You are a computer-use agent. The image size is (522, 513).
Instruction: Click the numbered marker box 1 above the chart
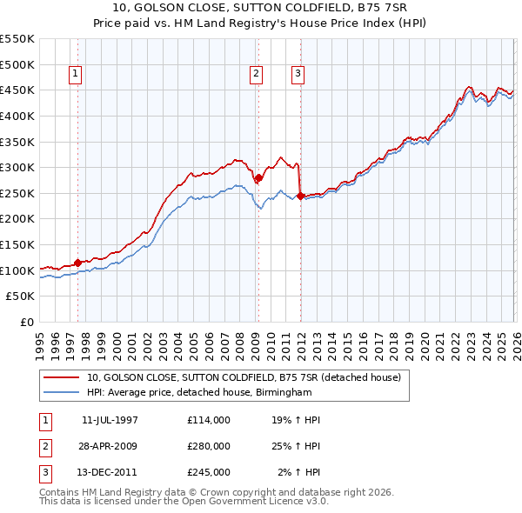pyautogui.click(x=76, y=75)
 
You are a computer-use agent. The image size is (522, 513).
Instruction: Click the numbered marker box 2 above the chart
pyautogui.click(x=257, y=75)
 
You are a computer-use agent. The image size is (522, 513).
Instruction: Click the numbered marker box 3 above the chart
pyautogui.click(x=298, y=75)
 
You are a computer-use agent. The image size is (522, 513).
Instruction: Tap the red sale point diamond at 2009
pyautogui.click(x=258, y=178)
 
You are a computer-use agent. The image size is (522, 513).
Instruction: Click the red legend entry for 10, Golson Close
pyautogui.click(x=244, y=377)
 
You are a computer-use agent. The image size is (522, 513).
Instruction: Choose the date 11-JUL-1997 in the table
pyautogui.click(x=110, y=420)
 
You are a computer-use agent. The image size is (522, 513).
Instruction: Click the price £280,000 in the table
pyautogui.click(x=209, y=446)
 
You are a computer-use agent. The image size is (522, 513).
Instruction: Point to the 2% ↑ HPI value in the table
pyautogui.click(x=298, y=472)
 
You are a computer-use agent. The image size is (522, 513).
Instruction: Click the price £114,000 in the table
pyautogui.click(x=209, y=420)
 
